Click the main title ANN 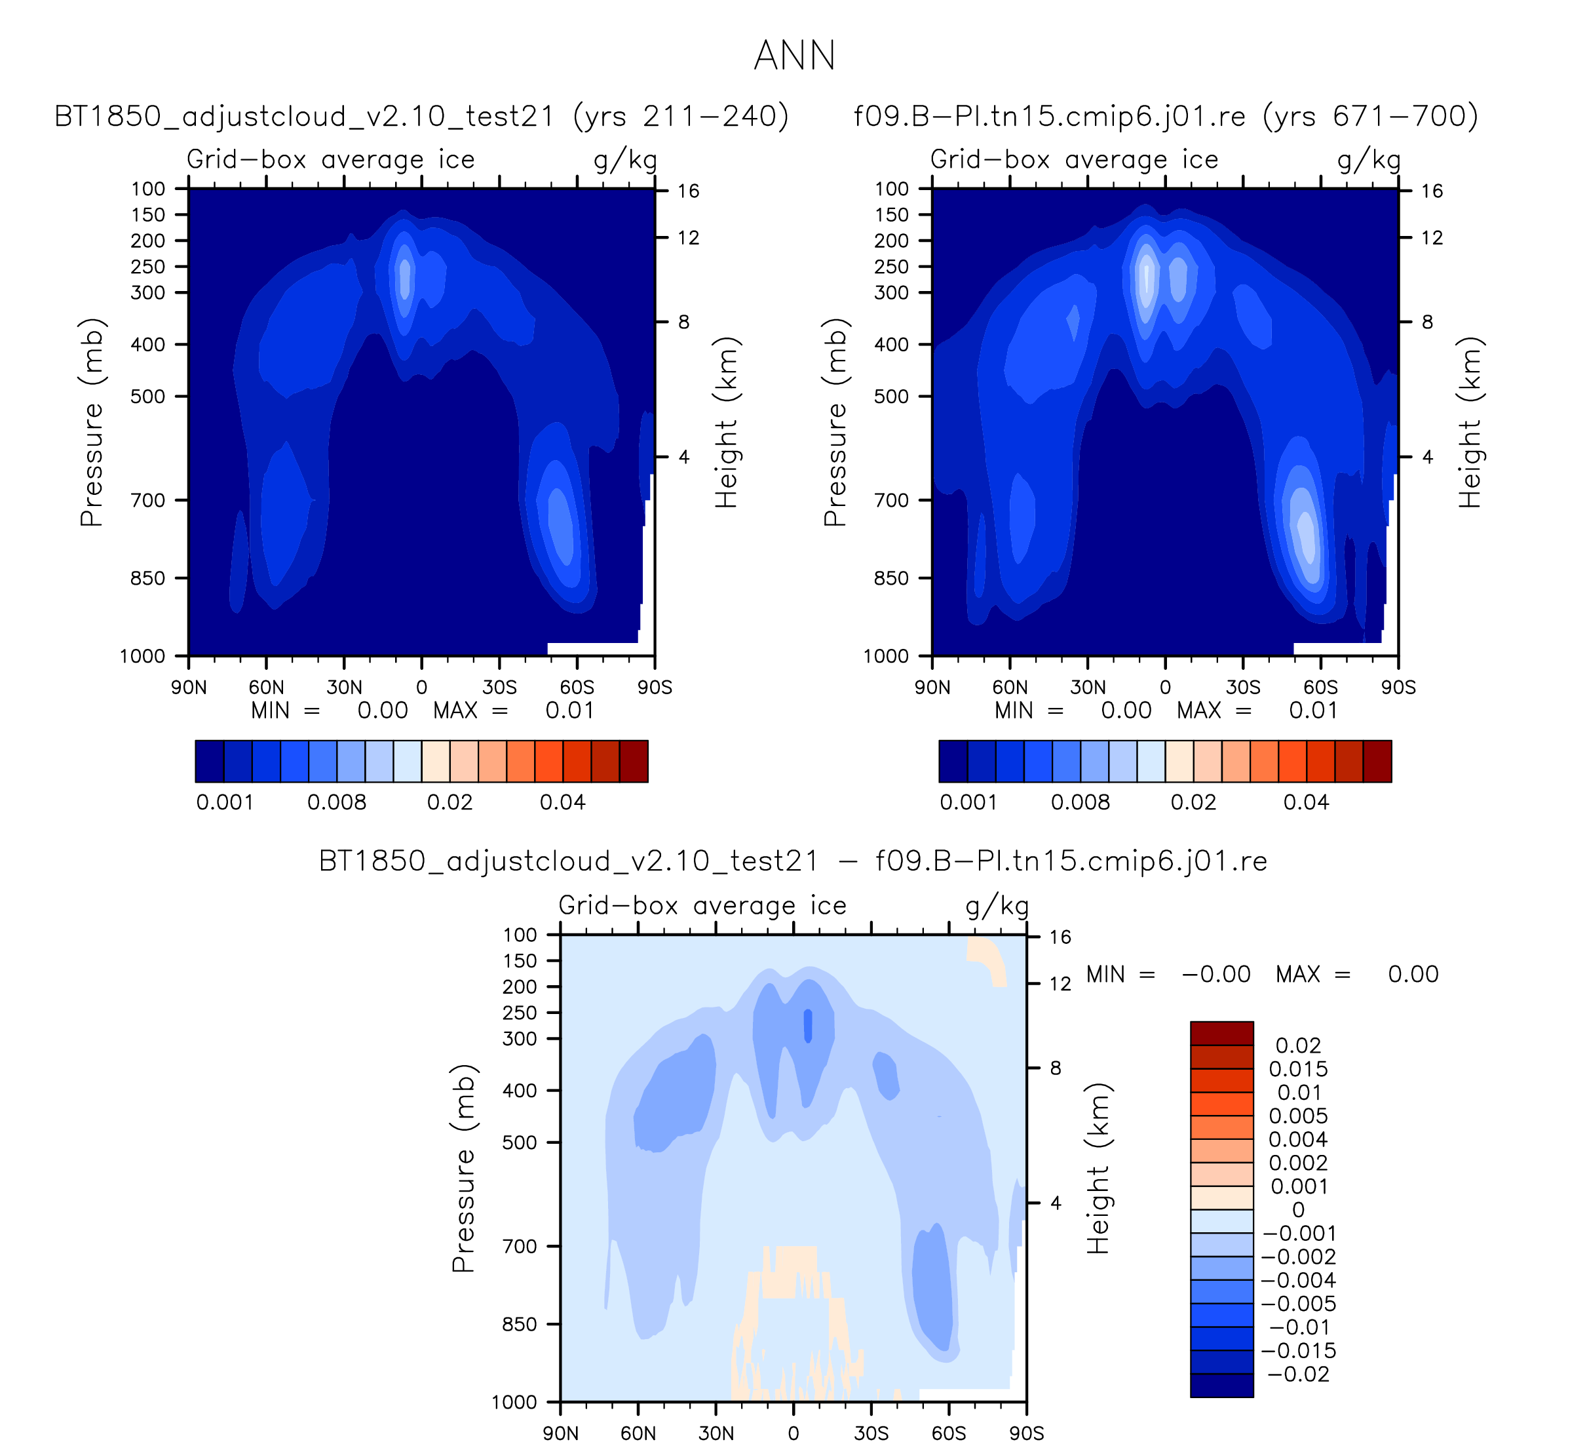[793, 56]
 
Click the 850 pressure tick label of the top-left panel [149, 578]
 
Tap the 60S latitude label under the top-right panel [1320, 688]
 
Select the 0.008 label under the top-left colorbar [337, 802]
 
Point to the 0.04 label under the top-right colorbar [1306, 802]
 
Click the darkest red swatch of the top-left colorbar [634, 762]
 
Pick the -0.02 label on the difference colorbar [1299, 1374]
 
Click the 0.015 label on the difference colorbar [1298, 1068]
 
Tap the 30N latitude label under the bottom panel [716, 1433]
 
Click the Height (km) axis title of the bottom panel [1098, 1169]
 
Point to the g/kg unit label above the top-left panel [626, 161]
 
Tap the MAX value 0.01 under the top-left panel [570, 710]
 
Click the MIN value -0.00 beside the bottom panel [1216, 974]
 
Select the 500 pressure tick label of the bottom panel [520, 1142]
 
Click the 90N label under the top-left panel [189, 688]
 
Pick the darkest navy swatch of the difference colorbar [1222, 1386]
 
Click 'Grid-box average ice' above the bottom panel [702, 907]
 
